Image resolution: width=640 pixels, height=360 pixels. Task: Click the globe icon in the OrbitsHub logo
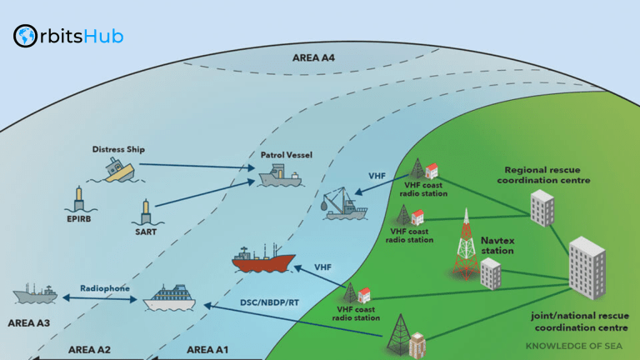[25, 36]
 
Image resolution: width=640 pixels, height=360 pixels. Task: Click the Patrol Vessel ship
[282, 176]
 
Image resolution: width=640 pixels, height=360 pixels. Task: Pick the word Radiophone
[105, 287]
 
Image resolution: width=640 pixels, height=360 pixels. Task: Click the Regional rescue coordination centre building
[542, 207]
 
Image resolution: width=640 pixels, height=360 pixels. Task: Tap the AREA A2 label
[89, 349]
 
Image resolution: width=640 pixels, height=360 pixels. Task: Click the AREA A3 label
[29, 322]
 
